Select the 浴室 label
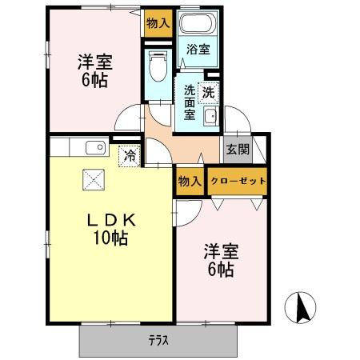[198, 50]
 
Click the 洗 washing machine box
[208, 91]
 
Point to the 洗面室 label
[189, 102]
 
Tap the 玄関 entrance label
[237, 149]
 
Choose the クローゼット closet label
[238, 181]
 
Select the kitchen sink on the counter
[94, 147]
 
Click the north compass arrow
[301, 308]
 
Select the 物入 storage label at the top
[158, 23]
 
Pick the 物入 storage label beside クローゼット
[190, 182]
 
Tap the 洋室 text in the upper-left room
[93, 62]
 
